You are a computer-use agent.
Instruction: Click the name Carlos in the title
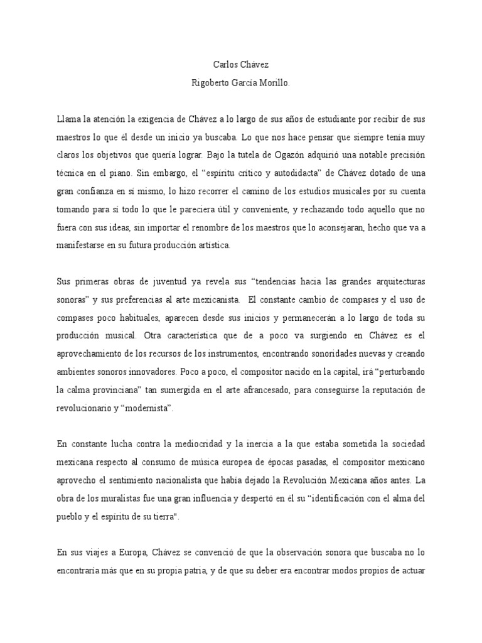[x=223, y=64]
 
